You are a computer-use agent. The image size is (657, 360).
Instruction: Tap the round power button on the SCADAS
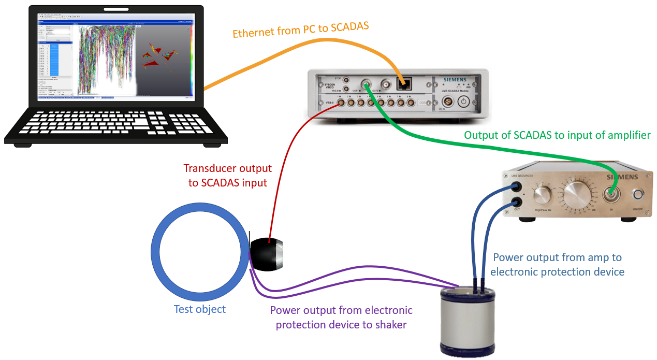coord(464,102)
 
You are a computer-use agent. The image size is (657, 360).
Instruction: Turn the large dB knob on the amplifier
coord(577,196)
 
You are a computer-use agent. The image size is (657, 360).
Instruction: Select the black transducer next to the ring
coord(267,254)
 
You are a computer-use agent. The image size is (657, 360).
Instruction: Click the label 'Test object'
coord(199,309)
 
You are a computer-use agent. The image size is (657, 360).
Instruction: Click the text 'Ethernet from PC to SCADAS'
coord(301,30)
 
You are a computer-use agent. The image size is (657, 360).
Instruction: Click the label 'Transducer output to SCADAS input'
coord(228,176)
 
